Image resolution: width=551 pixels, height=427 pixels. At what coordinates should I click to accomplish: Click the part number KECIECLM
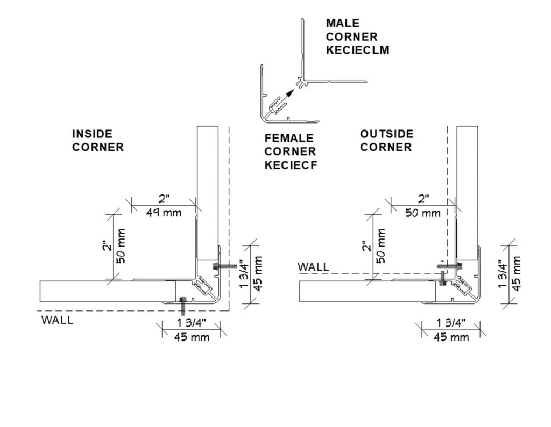coord(358,50)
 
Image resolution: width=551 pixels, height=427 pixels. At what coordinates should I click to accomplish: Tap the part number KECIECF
coord(291,165)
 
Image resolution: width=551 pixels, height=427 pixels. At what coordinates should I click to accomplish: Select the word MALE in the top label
coord(342,23)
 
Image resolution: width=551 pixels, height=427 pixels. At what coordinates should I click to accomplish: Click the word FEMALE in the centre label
coord(289,138)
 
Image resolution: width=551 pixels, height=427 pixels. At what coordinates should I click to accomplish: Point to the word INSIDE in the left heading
coord(93,134)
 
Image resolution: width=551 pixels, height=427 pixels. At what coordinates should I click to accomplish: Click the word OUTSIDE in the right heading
coord(387,134)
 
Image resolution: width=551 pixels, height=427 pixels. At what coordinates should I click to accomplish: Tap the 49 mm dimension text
coord(164,212)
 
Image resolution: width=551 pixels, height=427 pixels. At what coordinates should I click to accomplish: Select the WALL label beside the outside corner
coord(313,266)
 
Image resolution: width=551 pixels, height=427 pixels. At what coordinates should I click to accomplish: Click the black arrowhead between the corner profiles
coord(291,92)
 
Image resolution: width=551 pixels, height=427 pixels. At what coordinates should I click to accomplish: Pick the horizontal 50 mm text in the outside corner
coord(422,213)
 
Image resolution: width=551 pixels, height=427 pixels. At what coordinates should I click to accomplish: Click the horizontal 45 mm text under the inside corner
coord(192,337)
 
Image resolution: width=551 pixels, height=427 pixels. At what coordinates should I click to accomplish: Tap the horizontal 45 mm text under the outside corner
coord(451,337)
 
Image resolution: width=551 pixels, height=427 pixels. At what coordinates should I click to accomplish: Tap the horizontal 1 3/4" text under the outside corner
coord(451,323)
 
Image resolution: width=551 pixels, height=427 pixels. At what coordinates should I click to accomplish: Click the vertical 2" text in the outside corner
coord(367,246)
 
